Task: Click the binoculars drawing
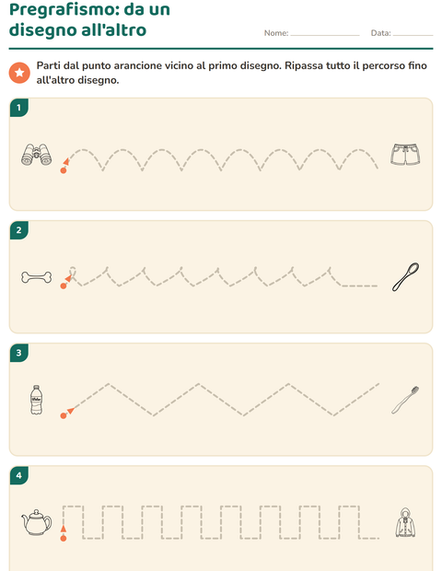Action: [37, 155]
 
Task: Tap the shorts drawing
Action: [405, 155]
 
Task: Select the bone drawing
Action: [37, 277]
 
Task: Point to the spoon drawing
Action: [405, 277]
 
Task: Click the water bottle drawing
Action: [36, 400]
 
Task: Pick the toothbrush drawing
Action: [405, 400]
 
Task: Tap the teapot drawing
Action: [37, 522]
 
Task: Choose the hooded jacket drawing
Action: [405, 522]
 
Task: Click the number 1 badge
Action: [19, 108]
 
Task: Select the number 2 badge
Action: [19, 230]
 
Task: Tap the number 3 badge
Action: [19, 353]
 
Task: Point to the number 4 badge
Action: [19, 475]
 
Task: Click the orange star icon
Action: [19, 73]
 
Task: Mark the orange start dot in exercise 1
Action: [64, 170]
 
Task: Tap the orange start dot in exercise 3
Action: [64, 415]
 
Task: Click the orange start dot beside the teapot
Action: [64, 538]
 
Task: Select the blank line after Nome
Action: [325, 35]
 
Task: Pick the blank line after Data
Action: [413, 35]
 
